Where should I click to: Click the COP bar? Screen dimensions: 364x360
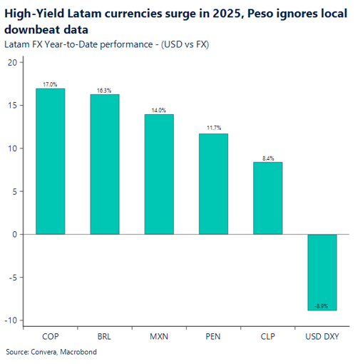pos(51,161)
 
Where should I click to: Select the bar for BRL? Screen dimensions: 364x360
pos(105,164)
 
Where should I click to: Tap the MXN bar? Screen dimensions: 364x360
pos(159,174)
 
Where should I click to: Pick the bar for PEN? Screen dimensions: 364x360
pos(213,183)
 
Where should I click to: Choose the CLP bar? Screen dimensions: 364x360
pos(267,198)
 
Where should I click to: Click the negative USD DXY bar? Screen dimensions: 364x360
pos(322,272)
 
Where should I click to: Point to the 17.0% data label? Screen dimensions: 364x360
pos(51,84)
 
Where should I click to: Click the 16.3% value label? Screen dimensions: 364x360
pos(105,91)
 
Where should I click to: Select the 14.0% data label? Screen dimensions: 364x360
pos(159,110)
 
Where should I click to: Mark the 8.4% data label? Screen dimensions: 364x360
pos(267,158)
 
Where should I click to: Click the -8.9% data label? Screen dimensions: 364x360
pos(322,305)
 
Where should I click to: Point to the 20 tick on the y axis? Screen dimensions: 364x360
pos(12,62)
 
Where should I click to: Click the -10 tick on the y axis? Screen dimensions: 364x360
pos(10,320)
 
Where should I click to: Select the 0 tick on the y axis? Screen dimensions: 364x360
pos(14,234)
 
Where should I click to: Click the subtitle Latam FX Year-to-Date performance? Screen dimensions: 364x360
pos(80,44)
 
